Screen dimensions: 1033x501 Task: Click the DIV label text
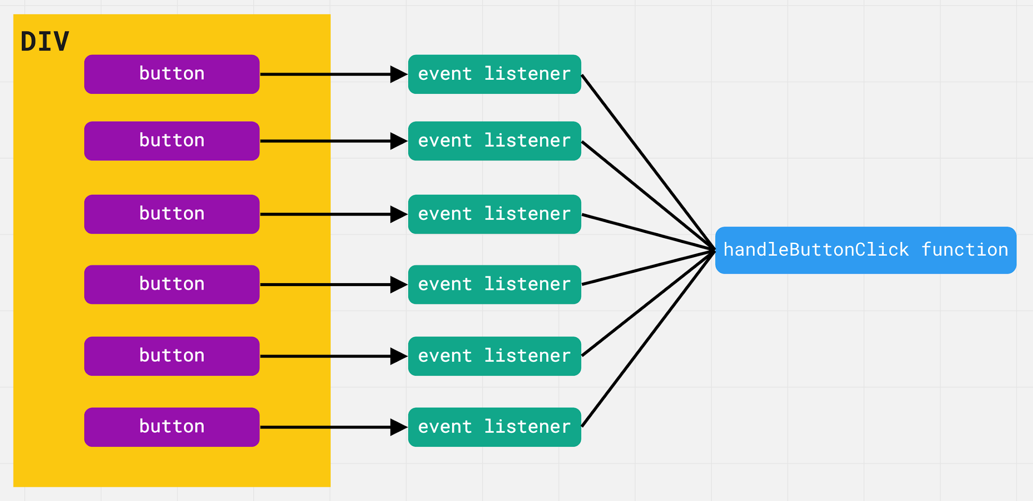coord(45,41)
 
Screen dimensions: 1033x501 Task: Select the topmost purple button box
coord(172,74)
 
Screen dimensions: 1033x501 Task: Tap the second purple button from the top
coord(172,141)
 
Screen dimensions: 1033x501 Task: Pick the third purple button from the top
coord(172,214)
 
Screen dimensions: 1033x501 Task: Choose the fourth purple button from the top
coord(172,284)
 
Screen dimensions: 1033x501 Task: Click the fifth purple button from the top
coord(172,356)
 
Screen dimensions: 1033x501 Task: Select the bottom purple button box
coord(172,427)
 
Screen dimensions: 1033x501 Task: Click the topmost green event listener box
coord(495,74)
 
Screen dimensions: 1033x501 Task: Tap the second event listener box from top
coord(495,141)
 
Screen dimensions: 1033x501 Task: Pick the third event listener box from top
coord(495,214)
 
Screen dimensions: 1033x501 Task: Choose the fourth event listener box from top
coord(495,284)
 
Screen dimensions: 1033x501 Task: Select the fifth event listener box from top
coord(495,356)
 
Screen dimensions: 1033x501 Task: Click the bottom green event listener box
coord(495,427)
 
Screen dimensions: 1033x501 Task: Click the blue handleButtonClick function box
coord(866,250)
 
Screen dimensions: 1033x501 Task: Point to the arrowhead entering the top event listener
coord(399,74)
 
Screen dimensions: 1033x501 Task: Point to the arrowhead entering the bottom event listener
coord(399,427)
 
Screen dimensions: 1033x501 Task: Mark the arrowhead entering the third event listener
coord(399,214)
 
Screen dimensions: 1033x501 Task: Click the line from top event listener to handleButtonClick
coord(648,162)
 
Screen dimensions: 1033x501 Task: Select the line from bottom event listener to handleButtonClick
coord(648,339)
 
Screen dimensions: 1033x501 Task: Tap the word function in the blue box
coord(965,250)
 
